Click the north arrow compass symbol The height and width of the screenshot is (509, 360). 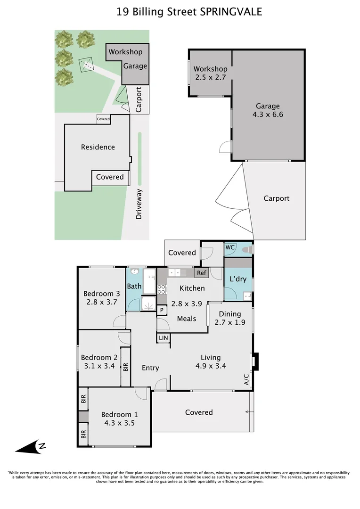click(x=31, y=447)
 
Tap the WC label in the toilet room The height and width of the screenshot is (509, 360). click(x=230, y=247)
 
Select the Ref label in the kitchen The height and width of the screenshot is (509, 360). click(x=202, y=273)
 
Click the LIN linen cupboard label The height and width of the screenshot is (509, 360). click(x=164, y=338)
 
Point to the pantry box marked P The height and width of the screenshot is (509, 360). click(x=162, y=310)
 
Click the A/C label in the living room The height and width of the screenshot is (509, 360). click(x=246, y=379)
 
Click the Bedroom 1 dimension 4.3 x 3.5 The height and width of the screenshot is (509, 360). click(x=120, y=423)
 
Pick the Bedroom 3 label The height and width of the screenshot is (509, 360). click(x=102, y=294)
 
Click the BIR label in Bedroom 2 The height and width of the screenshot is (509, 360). click(x=126, y=367)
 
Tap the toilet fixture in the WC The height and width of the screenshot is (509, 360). click(x=248, y=249)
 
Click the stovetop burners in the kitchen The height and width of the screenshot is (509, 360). click(x=162, y=289)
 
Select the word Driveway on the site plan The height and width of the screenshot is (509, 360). click(x=139, y=204)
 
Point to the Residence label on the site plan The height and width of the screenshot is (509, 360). click(x=98, y=147)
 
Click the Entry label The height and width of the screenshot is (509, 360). click(x=150, y=368)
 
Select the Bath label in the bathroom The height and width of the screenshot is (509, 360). click(x=134, y=286)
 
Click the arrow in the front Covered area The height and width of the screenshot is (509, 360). click(x=249, y=412)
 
